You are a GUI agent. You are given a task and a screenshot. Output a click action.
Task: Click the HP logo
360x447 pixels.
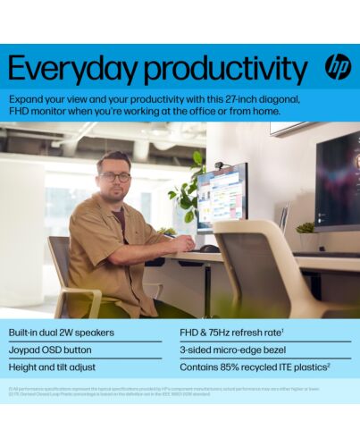click(x=338, y=67)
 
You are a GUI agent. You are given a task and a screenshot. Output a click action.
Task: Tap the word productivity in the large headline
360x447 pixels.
click(x=223, y=70)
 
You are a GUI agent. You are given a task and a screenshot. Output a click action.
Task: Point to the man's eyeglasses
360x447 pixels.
click(x=114, y=176)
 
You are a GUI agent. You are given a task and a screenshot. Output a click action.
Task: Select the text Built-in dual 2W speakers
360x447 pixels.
click(x=62, y=333)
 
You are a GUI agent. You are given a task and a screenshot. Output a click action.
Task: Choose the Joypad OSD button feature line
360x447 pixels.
click(x=50, y=350)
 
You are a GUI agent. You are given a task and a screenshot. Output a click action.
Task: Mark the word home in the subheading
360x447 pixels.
click(x=263, y=111)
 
